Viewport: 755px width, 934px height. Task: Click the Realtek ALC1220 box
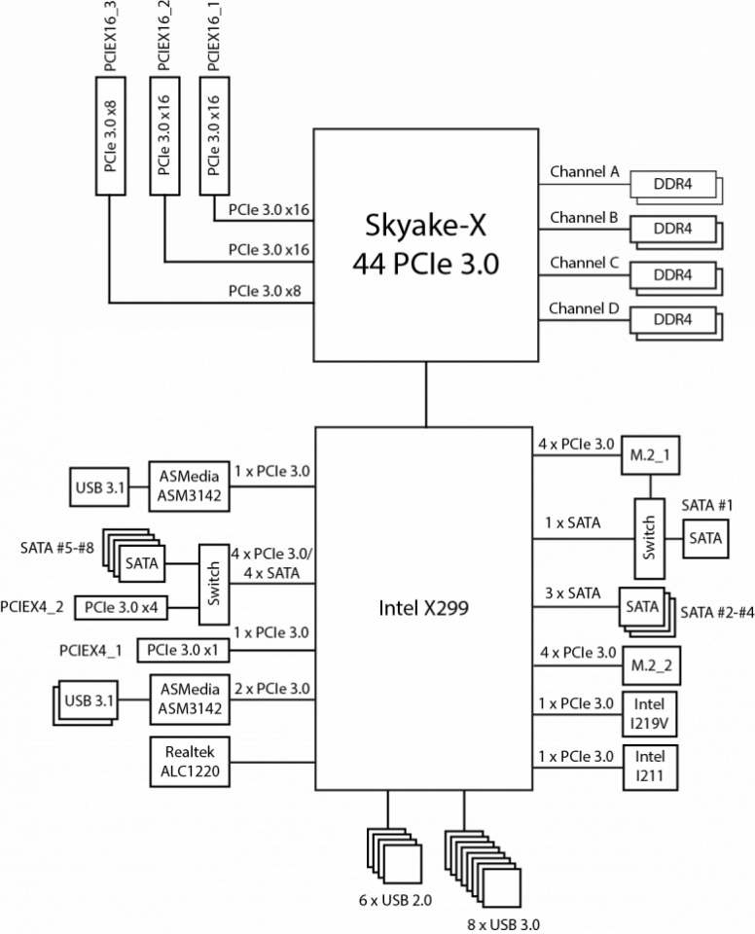190,762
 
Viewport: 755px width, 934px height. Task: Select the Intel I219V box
650,713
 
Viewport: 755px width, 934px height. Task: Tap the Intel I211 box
650,768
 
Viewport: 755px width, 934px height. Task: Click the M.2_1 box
650,455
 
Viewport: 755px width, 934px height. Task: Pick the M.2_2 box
651,665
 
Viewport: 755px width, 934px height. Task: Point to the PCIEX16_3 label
111,37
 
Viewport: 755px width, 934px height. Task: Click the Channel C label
584,263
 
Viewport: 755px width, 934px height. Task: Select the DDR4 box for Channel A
672,184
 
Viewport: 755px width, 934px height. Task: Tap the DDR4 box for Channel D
672,320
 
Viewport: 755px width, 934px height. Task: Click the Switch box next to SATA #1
650,538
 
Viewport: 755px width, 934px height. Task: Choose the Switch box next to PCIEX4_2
213,584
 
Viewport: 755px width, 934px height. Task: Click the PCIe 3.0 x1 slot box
182,650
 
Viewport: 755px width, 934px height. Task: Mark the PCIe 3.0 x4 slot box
121,607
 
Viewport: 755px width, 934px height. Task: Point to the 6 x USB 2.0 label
395,900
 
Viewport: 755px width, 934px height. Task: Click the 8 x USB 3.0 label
504,924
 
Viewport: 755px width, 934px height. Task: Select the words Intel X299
423,607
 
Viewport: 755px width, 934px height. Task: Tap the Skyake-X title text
425,225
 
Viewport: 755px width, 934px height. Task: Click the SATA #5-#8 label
57,548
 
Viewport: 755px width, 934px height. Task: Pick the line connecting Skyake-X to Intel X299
426,394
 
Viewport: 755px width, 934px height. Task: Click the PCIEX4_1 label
90,651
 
